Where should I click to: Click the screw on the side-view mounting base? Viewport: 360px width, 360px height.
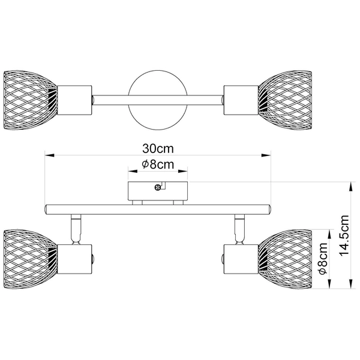[158, 187]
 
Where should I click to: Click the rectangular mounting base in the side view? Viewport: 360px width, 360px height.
[158, 191]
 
